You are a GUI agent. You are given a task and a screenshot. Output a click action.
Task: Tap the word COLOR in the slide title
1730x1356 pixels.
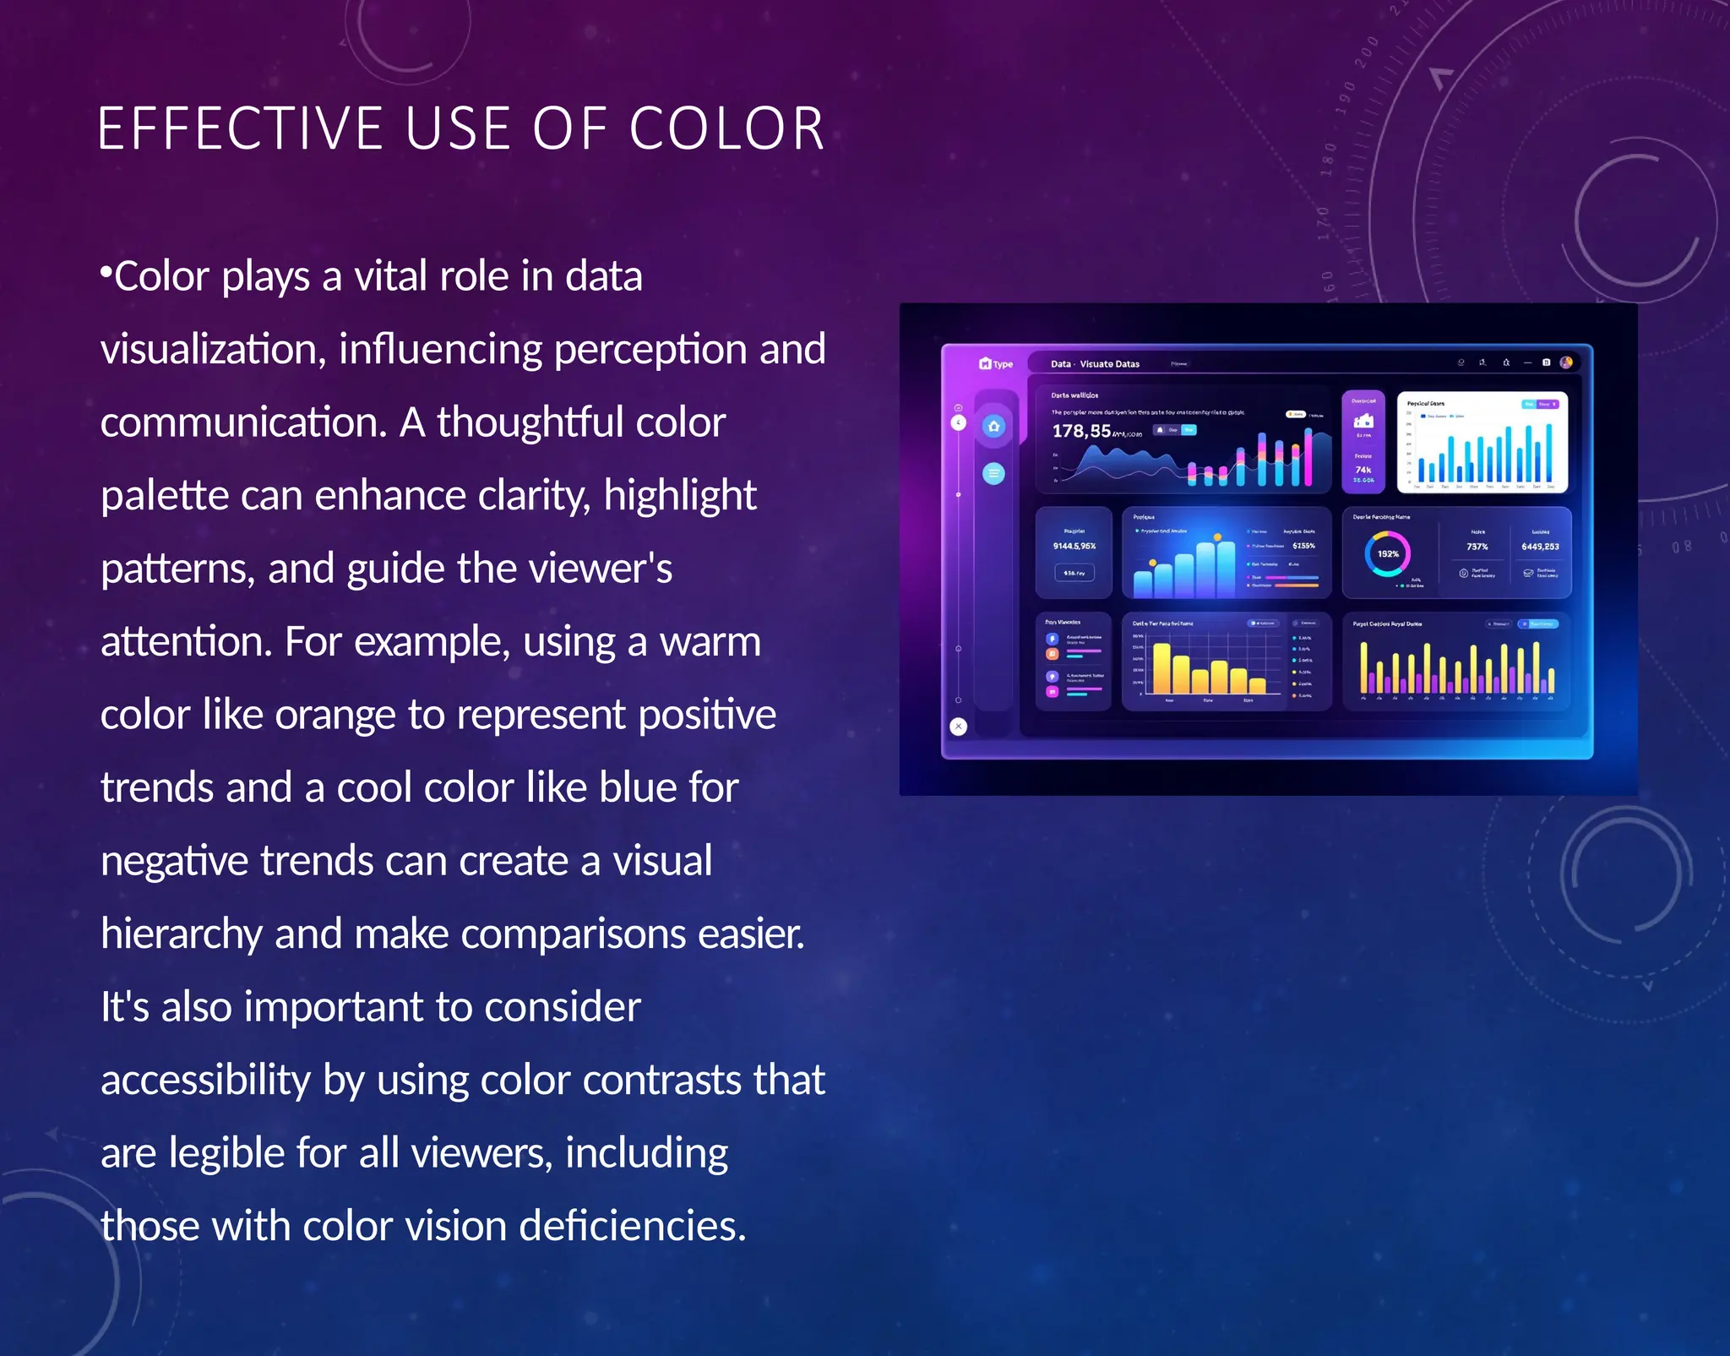[x=726, y=129]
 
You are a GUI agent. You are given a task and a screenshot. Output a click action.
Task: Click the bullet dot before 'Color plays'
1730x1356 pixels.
[x=106, y=271]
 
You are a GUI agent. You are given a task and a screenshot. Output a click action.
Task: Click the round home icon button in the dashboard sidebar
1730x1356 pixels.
[x=994, y=426]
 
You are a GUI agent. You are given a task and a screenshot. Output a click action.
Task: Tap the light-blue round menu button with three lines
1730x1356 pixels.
[x=994, y=473]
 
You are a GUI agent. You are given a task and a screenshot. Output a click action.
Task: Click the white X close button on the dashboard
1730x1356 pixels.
[x=958, y=726]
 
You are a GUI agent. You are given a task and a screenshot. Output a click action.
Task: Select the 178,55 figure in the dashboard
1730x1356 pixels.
[x=1081, y=431]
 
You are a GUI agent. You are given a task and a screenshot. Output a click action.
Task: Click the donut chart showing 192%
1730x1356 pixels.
[x=1388, y=554]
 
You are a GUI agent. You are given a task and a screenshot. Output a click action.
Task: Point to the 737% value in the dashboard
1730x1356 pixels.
[x=1477, y=547]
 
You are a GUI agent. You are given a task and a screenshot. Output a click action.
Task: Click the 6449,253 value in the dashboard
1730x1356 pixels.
[x=1540, y=547]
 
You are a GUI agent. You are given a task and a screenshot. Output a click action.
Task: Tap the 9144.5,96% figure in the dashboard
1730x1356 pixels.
[x=1074, y=546]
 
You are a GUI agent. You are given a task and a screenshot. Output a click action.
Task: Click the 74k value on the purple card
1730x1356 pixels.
[x=1363, y=470]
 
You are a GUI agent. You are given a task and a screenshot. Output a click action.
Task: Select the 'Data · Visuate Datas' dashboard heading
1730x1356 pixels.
[x=1095, y=364]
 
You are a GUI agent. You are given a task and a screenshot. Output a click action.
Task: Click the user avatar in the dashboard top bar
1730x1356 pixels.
[x=1566, y=362]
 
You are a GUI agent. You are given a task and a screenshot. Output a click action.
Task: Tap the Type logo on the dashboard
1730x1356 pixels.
[x=996, y=364]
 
